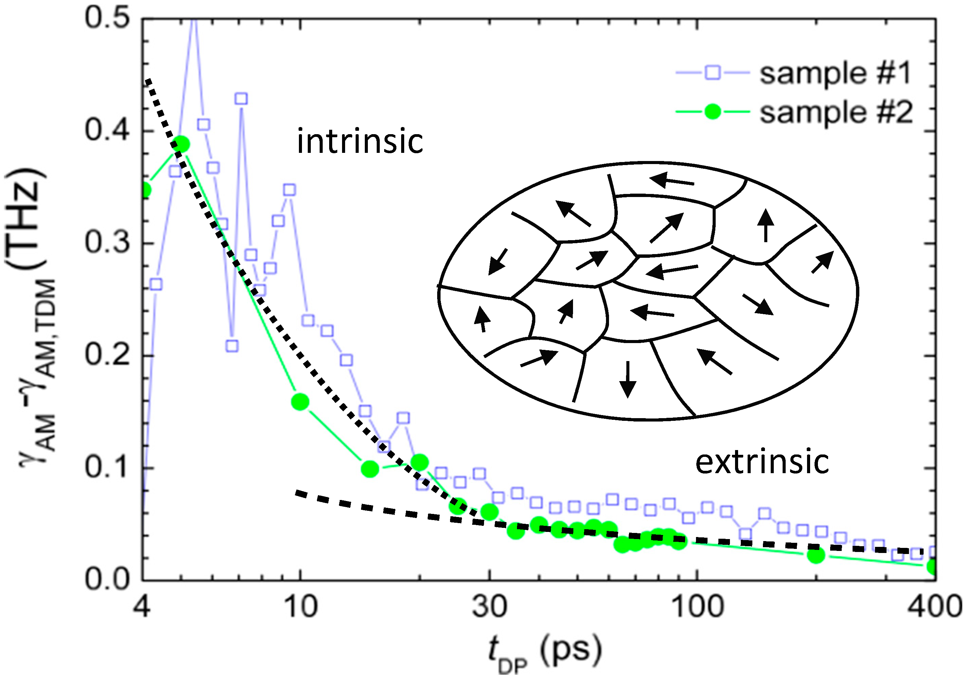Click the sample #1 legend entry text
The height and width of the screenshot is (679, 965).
pos(835,73)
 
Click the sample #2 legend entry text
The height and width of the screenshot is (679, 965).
pos(836,113)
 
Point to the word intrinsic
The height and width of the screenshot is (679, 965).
pos(360,142)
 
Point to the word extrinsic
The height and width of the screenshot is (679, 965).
pos(762,462)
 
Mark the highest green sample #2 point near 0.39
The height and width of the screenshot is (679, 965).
pos(181,144)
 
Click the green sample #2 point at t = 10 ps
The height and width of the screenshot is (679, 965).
pos(300,402)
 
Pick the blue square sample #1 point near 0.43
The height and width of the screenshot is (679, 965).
pos(241,99)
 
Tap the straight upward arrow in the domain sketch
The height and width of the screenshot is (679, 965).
pos(766,225)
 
